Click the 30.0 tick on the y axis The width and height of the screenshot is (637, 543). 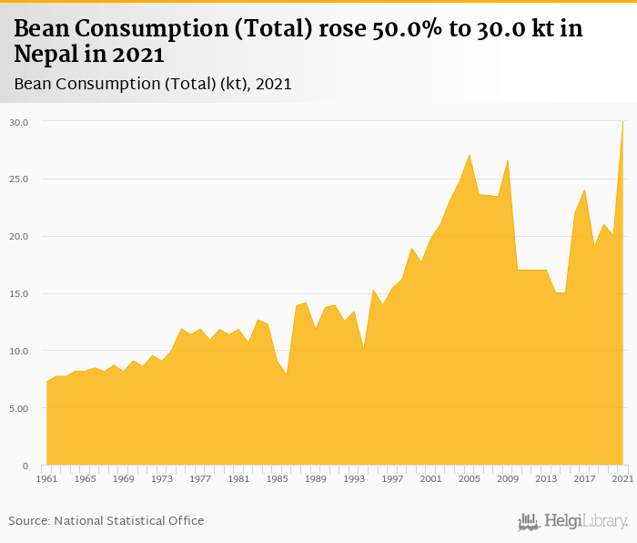[19, 122]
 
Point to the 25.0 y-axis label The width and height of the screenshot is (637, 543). [19, 179]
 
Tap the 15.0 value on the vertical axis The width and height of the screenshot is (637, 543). [19, 294]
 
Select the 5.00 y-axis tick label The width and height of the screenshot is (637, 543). [19, 409]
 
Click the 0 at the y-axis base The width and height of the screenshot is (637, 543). [26, 466]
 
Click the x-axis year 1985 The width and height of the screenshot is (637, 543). [277, 478]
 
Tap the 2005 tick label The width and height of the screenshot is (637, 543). [469, 478]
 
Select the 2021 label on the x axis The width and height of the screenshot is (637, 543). [622, 478]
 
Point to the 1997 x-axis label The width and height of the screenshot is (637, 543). [392, 478]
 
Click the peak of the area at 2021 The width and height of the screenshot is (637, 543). [622, 122]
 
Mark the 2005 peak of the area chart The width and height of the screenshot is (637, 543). [469, 155]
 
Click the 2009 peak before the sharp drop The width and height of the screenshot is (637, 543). [507, 160]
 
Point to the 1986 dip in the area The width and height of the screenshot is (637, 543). [287, 374]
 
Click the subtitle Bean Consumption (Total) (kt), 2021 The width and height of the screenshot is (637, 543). [153, 85]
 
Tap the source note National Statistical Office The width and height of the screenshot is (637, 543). [129, 521]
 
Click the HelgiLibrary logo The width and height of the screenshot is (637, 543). [572, 521]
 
